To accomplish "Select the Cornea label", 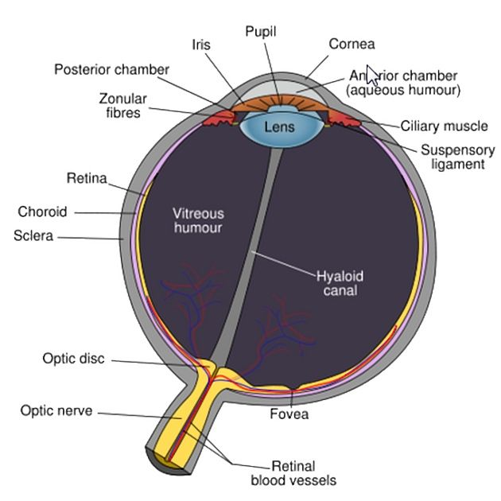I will [351, 44].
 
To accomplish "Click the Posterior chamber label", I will [111, 69].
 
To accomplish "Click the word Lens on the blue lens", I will [279, 127].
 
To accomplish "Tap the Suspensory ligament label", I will [457, 157].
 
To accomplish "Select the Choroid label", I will [42, 212].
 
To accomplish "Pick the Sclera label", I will [33, 236].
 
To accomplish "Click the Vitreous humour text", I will [199, 220].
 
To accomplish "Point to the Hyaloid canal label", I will [340, 284].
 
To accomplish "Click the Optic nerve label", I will [56, 411].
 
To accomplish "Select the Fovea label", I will [289, 414].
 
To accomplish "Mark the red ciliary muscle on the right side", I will [344, 122].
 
